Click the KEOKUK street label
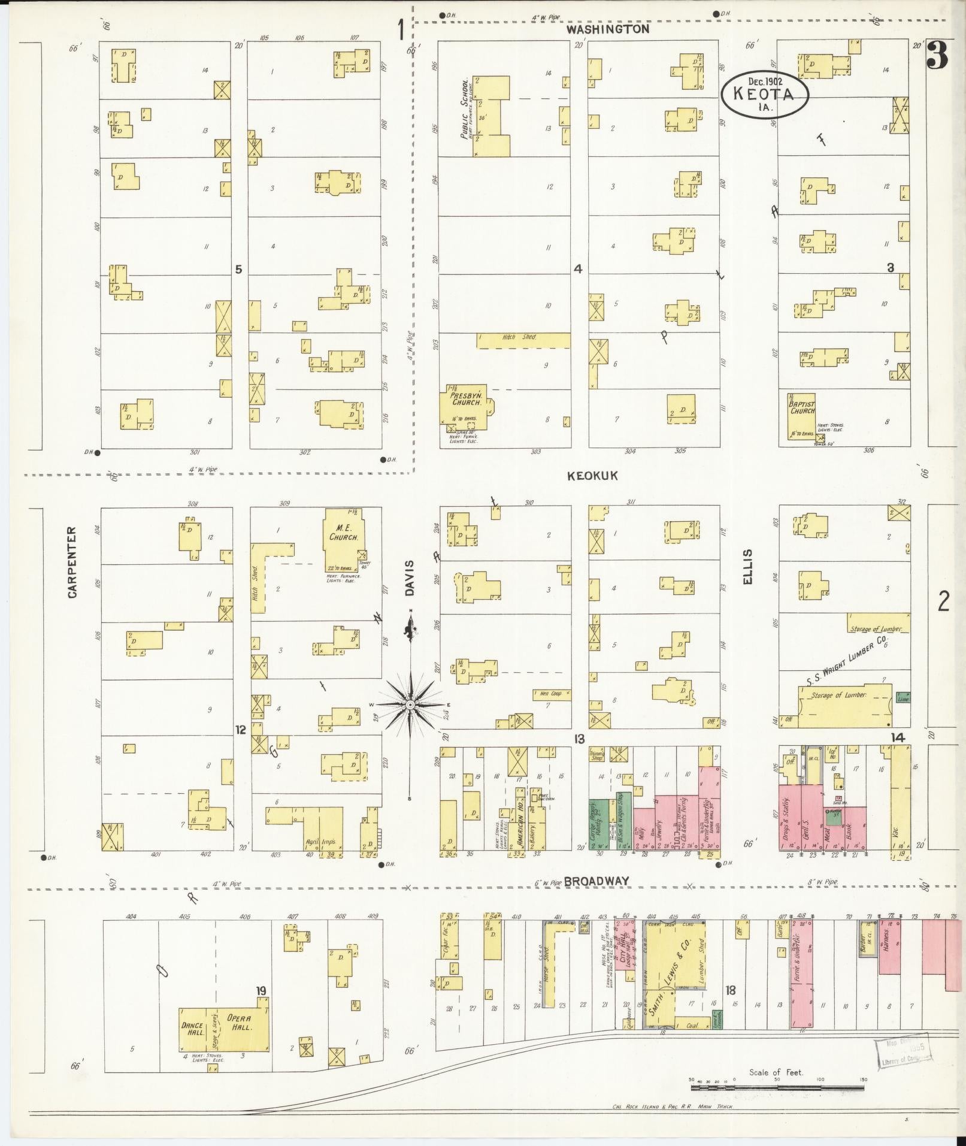[x=592, y=476]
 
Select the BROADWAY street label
[x=596, y=880]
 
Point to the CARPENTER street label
[x=72, y=562]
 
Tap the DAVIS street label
[x=410, y=578]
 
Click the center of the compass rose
[x=411, y=706]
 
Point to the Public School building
[x=491, y=116]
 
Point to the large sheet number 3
[x=937, y=55]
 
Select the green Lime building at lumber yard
[x=903, y=697]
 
